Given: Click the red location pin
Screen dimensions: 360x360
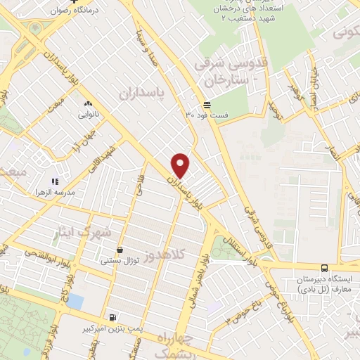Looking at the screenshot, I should (181, 165).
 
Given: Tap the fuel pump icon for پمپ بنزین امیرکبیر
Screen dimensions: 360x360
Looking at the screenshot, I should (113, 317).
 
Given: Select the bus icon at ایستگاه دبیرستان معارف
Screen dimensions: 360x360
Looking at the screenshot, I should (324, 267).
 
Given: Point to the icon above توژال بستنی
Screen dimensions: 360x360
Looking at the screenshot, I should (120, 250).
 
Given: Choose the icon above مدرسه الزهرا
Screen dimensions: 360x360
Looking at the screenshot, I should (55, 181).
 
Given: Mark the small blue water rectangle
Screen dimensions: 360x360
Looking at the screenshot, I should (75, 301).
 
